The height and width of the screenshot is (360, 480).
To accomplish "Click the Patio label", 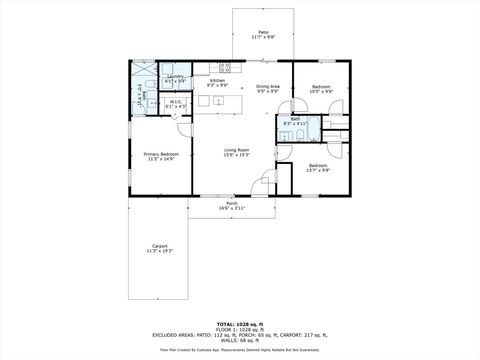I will pos(263,33).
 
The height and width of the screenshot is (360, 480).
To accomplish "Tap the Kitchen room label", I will pos(217,82).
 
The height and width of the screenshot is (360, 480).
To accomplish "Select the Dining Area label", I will pos(268,87).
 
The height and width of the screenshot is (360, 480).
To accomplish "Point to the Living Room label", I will pos(236,150).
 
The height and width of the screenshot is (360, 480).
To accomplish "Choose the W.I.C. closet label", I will pos(175,102).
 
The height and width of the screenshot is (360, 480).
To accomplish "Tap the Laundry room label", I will pos(175,77).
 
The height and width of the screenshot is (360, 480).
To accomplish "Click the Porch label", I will pos(231,203).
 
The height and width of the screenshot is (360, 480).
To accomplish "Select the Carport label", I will pos(160,246).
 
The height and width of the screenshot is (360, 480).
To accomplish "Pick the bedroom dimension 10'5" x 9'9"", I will pos(321,93).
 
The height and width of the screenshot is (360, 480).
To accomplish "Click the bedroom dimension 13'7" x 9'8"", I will pos(317,169).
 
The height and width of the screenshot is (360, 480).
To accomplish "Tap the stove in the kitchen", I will pos(225,68).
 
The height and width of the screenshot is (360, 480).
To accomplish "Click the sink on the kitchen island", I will pos(218,102).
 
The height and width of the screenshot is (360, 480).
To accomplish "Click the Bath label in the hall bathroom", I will pos(294,119).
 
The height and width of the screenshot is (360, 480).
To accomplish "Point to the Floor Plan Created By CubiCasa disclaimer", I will pos(240,351).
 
